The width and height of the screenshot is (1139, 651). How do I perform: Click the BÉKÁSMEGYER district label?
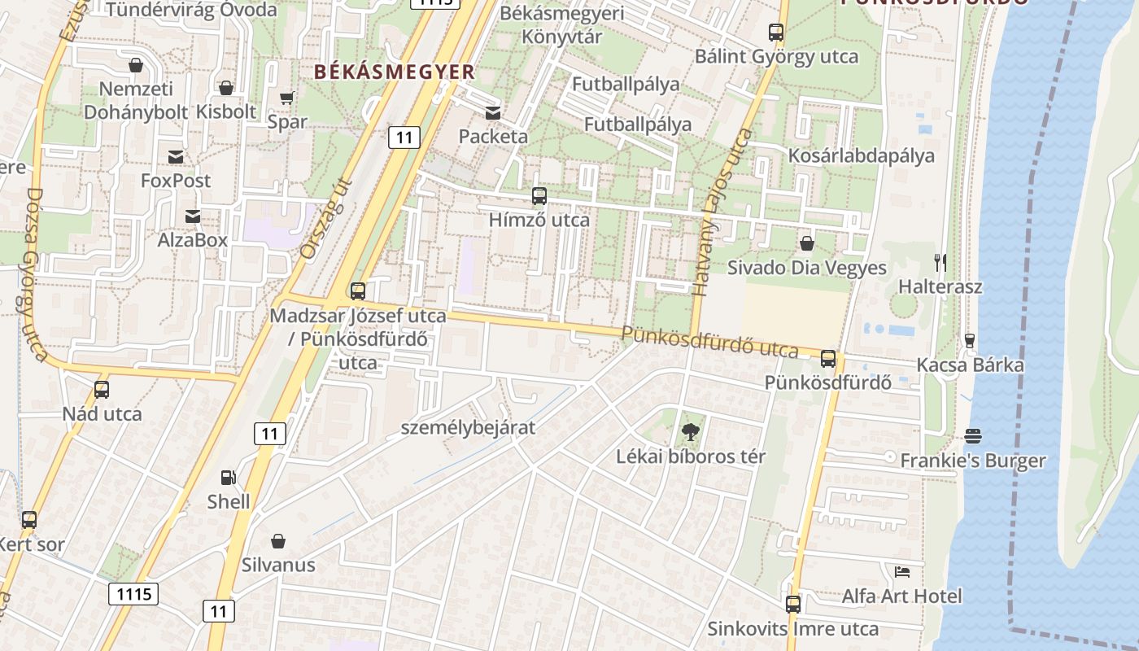[x=394, y=72]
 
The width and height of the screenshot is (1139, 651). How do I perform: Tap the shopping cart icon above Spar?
[x=286, y=98]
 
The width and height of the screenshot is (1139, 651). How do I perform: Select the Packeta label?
[x=493, y=137]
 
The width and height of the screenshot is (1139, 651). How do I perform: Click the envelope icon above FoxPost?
[x=176, y=157]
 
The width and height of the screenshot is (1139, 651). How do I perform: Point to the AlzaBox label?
[x=193, y=240]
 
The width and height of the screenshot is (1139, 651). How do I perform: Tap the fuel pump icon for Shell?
[x=229, y=478]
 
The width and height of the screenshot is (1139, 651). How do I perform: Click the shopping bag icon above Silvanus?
[x=278, y=541]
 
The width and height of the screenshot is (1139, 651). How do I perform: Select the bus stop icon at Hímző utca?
[x=539, y=196]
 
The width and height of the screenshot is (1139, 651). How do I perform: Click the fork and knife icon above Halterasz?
[x=940, y=263]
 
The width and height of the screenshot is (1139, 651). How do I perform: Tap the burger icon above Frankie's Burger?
[x=972, y=437]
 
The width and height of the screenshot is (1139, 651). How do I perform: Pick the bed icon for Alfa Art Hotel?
[x=901, y=572]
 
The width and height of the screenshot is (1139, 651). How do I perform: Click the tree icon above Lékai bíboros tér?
[x=690, y=432]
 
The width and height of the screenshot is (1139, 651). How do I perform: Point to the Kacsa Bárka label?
[x=970, y=365]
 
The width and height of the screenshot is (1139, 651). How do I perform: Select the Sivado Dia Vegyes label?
[x=806, y=268]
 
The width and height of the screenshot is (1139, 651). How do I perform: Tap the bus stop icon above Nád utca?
[x=102, y=390]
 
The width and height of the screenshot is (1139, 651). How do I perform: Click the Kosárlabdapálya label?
[x=861, y=155]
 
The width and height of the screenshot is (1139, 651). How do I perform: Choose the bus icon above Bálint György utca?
[x=776, y=33]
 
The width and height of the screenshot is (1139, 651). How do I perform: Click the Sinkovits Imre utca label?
[x=792, y=629]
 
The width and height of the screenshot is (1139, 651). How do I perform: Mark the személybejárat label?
[x=469, y=427]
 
